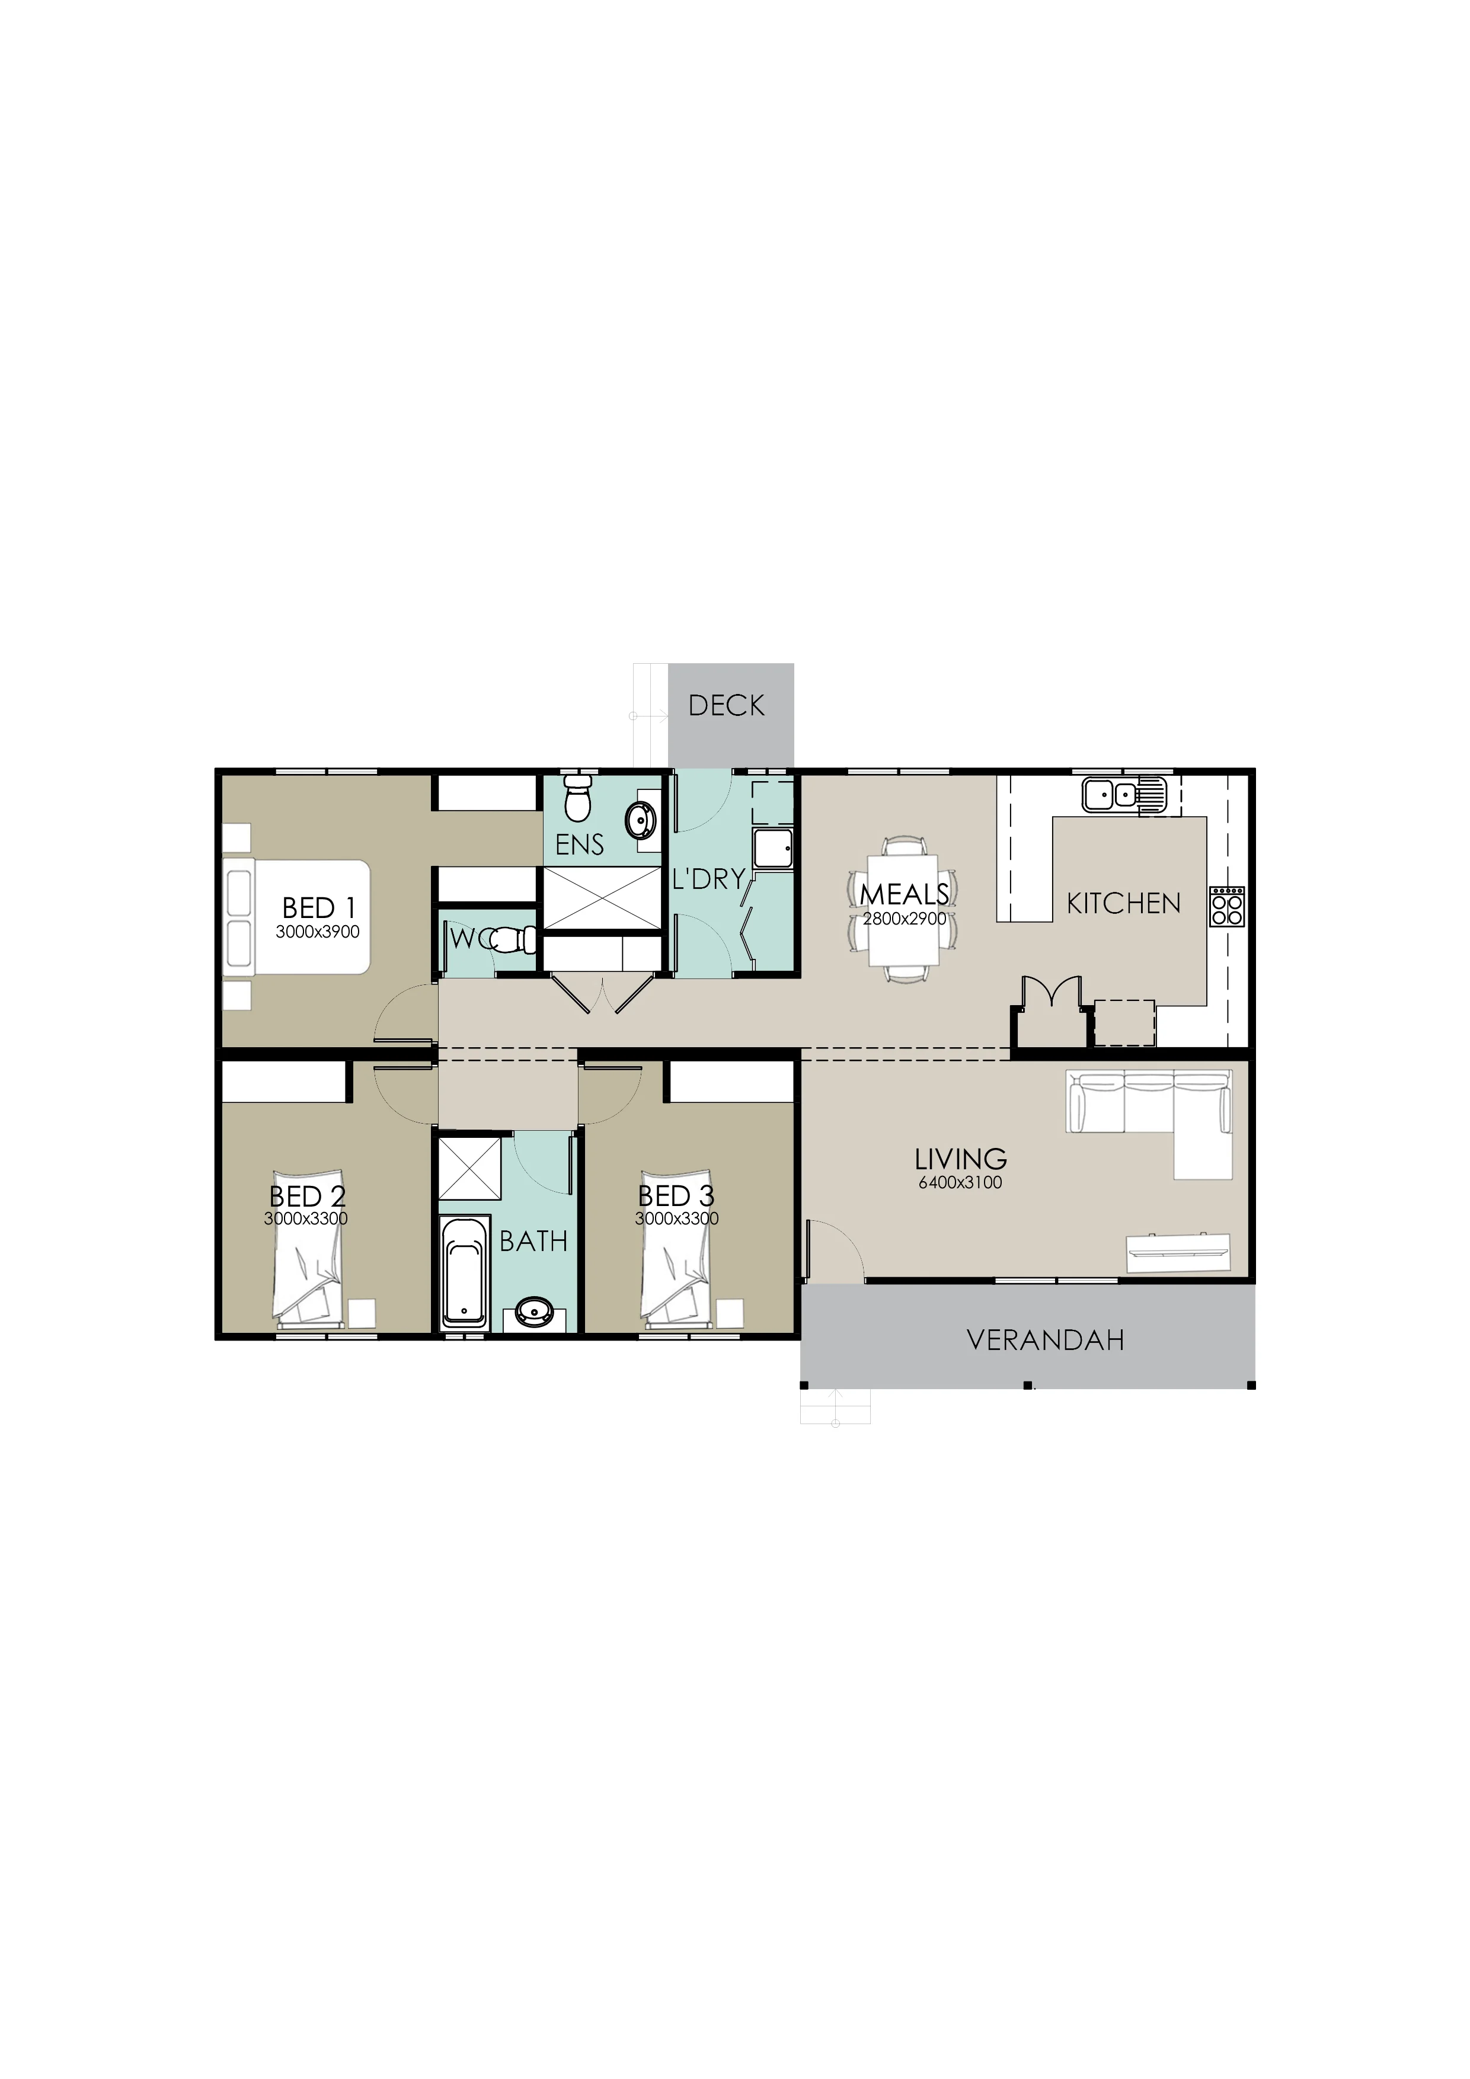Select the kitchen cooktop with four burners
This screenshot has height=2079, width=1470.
[x=1227, y=906]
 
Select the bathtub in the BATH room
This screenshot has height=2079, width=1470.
[x=464, y=1275]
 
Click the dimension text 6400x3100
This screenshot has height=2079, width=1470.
[x=960, y=1182]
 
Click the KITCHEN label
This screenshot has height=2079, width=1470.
[x=1123, y=904]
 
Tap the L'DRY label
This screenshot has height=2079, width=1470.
[x=708, y=878]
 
